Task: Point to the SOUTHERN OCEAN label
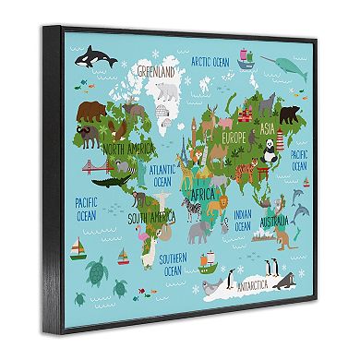[173, 265]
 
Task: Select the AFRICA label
[205, 195]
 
